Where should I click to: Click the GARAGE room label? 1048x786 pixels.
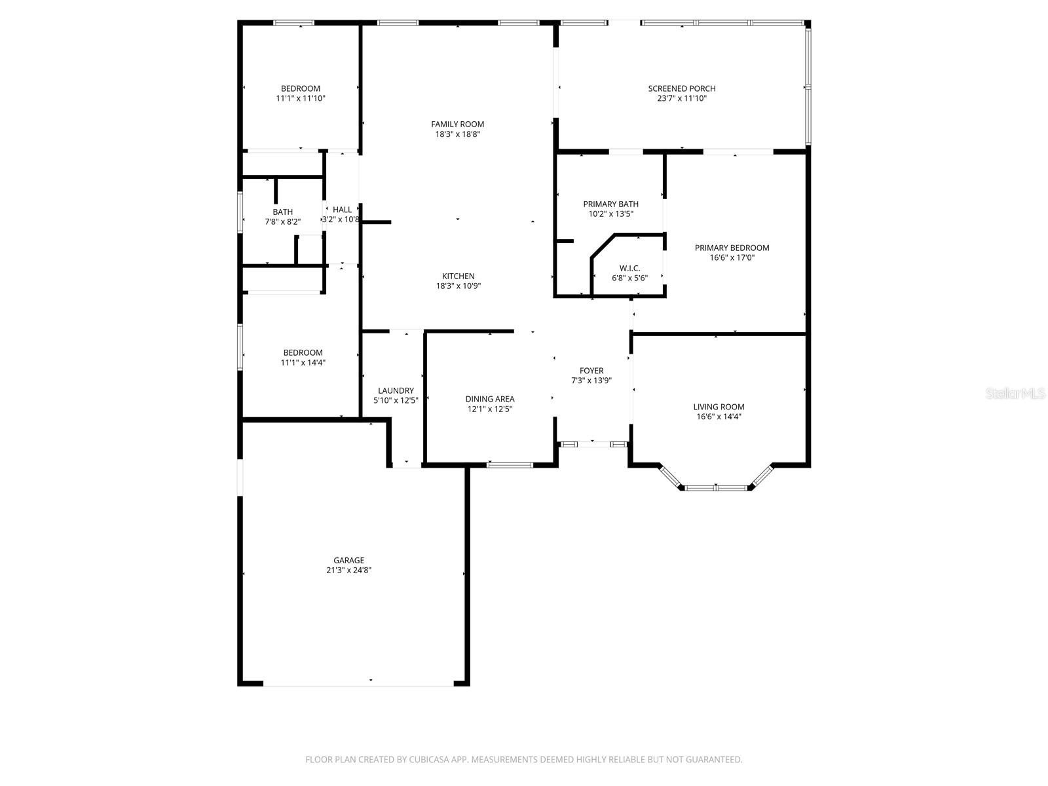[348, 560]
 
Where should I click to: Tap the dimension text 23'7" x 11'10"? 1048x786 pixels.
[681, 99]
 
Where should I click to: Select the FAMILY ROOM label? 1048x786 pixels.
[457, 124]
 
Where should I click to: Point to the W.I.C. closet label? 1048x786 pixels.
[629, 269]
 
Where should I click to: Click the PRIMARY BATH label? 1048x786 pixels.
[610, 204]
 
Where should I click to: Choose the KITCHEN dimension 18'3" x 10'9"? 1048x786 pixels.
[458, 286]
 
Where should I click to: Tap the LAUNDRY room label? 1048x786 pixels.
[396, 391]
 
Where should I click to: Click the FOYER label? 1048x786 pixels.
[591, 371]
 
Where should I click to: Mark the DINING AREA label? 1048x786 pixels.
[490, 400]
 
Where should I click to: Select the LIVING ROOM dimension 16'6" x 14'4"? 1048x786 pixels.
[719, 417]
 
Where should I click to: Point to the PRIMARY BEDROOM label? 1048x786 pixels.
[732, 248]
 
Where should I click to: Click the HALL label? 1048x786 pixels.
[342, 210]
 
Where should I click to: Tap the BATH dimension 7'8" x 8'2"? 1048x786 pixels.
[283, 222]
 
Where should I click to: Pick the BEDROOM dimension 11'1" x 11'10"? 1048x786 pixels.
[300, 99]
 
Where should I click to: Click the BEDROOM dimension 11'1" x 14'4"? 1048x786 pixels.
[303, 363]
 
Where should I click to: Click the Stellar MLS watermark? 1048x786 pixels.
[1015, 393]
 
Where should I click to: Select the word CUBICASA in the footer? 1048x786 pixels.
[428, 759]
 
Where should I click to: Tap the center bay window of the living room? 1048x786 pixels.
[716, 488]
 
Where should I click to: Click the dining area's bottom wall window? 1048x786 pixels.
[510, 465]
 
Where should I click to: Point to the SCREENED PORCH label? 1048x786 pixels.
[681, 89]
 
